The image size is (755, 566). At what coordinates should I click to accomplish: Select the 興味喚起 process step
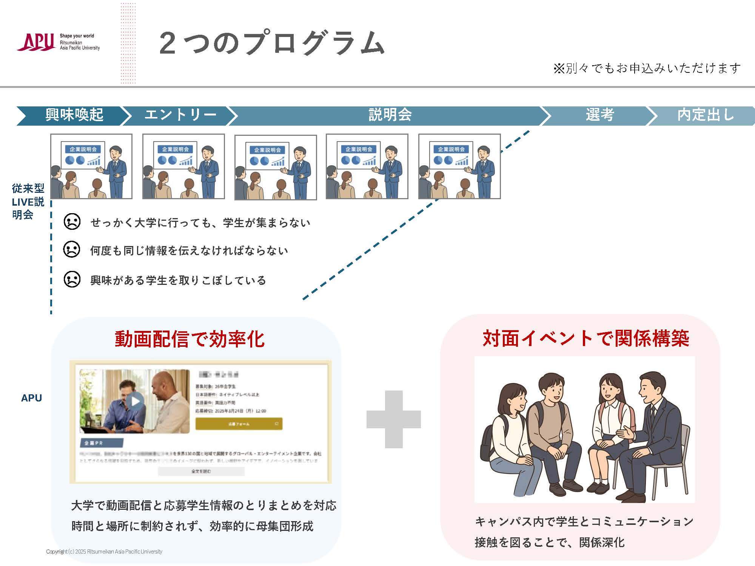(x=74, y=115)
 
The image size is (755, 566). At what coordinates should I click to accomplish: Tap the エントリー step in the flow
(x=180, y=115)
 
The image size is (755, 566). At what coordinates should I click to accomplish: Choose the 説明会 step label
(x=390, y=115)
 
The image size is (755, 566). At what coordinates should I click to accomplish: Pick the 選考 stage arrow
(x=599, y=115)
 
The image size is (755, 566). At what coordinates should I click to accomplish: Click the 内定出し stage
(x=705, y=115)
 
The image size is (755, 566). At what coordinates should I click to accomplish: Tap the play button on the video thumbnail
(x=135, y=401)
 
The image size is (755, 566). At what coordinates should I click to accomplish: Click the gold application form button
(x=239, y=424)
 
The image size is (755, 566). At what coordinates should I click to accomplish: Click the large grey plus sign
(x=394, y=419)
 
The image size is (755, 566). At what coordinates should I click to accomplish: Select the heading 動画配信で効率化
(x=190, y=338)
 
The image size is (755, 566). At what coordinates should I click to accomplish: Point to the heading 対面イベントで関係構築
(x=586, y=338)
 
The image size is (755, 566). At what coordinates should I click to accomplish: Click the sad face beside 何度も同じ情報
(x=72, y=249)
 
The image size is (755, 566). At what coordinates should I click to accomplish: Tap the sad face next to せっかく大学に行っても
(x=72, y=221)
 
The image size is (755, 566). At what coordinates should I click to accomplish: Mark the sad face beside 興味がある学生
(x=72, y=280)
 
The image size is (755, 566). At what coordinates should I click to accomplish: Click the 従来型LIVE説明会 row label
(x=28, y=201)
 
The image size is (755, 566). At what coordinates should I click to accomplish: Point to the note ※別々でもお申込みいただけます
(x=647, y=68)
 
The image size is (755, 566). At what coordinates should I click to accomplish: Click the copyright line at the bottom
(x=104, y=552)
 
